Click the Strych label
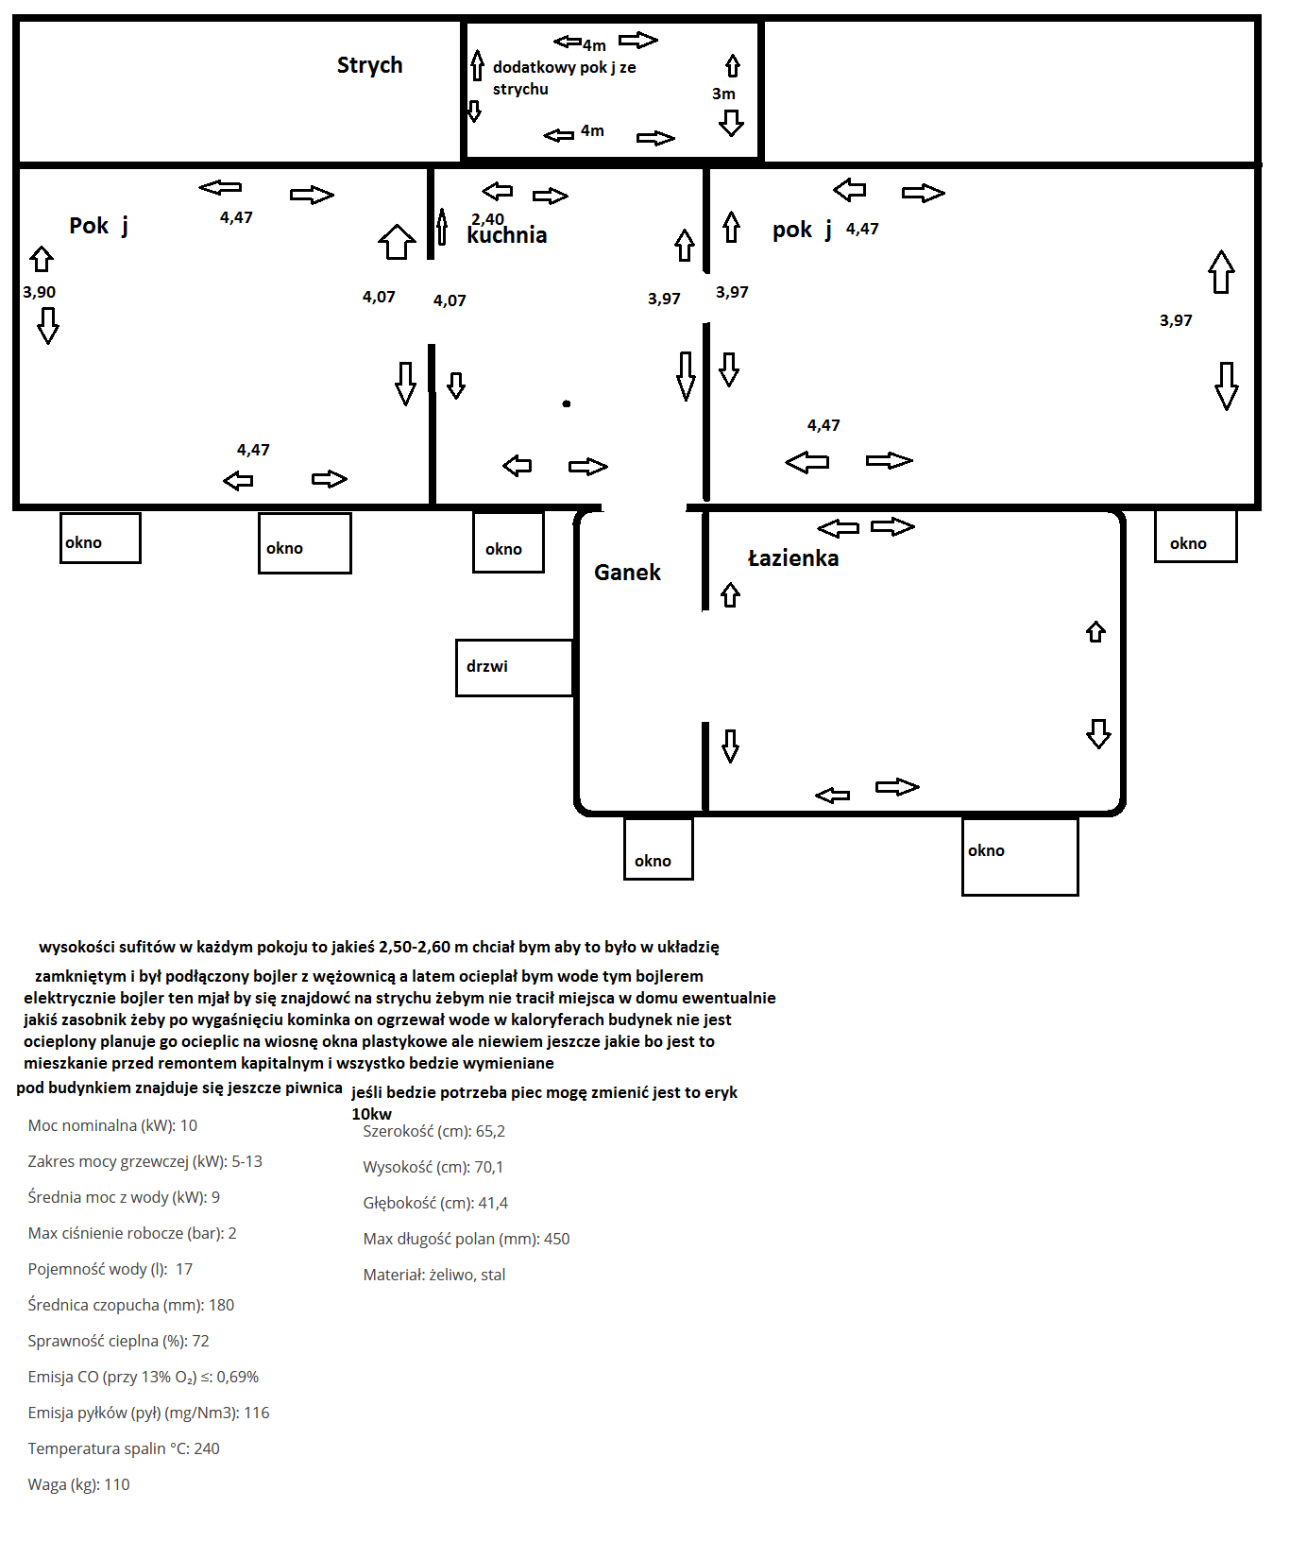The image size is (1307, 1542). pyautogui.click(x=369, y=66)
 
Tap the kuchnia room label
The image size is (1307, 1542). pyautogui.click(x=507, y=235)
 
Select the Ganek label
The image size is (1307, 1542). pyautogui.click(x=627, y=573)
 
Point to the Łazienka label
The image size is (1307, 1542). pyautogui.click(x=793, y=558)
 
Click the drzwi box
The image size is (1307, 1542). pyautogui.click(x=515, y=668)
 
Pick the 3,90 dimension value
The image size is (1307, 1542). pyautogui.click(x=40, y=292)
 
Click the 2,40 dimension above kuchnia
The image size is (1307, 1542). pyautogui.click(x=487, y=219)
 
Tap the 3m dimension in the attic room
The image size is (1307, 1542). pyautogui.click(x=723, y=94)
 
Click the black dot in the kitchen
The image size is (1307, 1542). pyautogui.click(x=567, y=403)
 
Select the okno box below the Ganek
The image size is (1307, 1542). pyautogui.click(x=658, y=848)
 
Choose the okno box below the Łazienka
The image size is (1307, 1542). pyautogui.click(x=1020, y=856)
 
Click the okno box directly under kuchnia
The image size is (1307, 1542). pyautogui.click(x=508, y=542)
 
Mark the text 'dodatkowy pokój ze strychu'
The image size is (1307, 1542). pyautogui.click(x=565, y=78)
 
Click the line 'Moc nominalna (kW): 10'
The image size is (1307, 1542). pyautogui.click(x=112, y=1125)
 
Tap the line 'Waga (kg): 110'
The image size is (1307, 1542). pyautogui.click(x=78, y=1484)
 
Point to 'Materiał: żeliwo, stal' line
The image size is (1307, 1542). pyautogui.click(x=434, y=1275)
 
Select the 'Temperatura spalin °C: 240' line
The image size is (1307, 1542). pyautogui.click(x=124, y=1448)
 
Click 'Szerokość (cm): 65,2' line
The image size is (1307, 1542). pyautogui.click(x=434, y=1131)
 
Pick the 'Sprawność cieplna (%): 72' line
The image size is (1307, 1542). pyautogui.click(x=118, y=1341)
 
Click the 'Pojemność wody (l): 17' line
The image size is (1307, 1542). pyautogui.click(x=110, y=1269)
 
